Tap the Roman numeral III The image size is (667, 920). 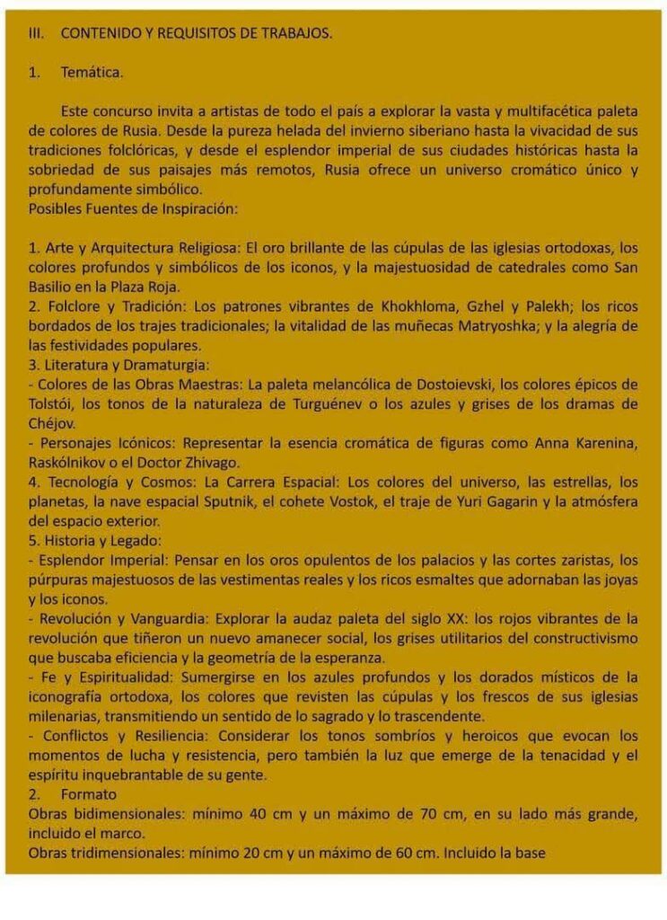click(x=37, y=33)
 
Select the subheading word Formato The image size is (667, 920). click(x=89, y=795)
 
